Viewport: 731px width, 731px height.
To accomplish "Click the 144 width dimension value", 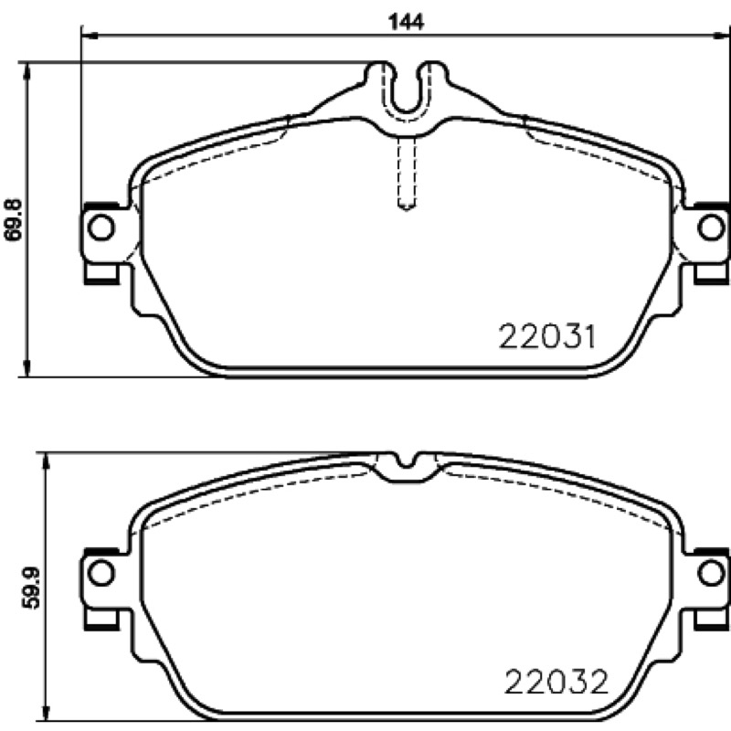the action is click(406, 21).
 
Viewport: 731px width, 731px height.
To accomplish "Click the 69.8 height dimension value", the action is click(14, 219).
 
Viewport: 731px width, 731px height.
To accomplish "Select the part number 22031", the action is click(546, 336).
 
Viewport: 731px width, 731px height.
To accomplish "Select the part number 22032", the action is click(556, 682).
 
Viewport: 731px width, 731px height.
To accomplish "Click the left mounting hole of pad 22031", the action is click(101, 228).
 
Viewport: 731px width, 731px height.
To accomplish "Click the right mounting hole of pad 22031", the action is click(711, 228).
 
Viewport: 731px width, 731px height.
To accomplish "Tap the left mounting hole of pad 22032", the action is click(101, 573).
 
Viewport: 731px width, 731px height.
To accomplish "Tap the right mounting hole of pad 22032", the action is click(711, 573).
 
